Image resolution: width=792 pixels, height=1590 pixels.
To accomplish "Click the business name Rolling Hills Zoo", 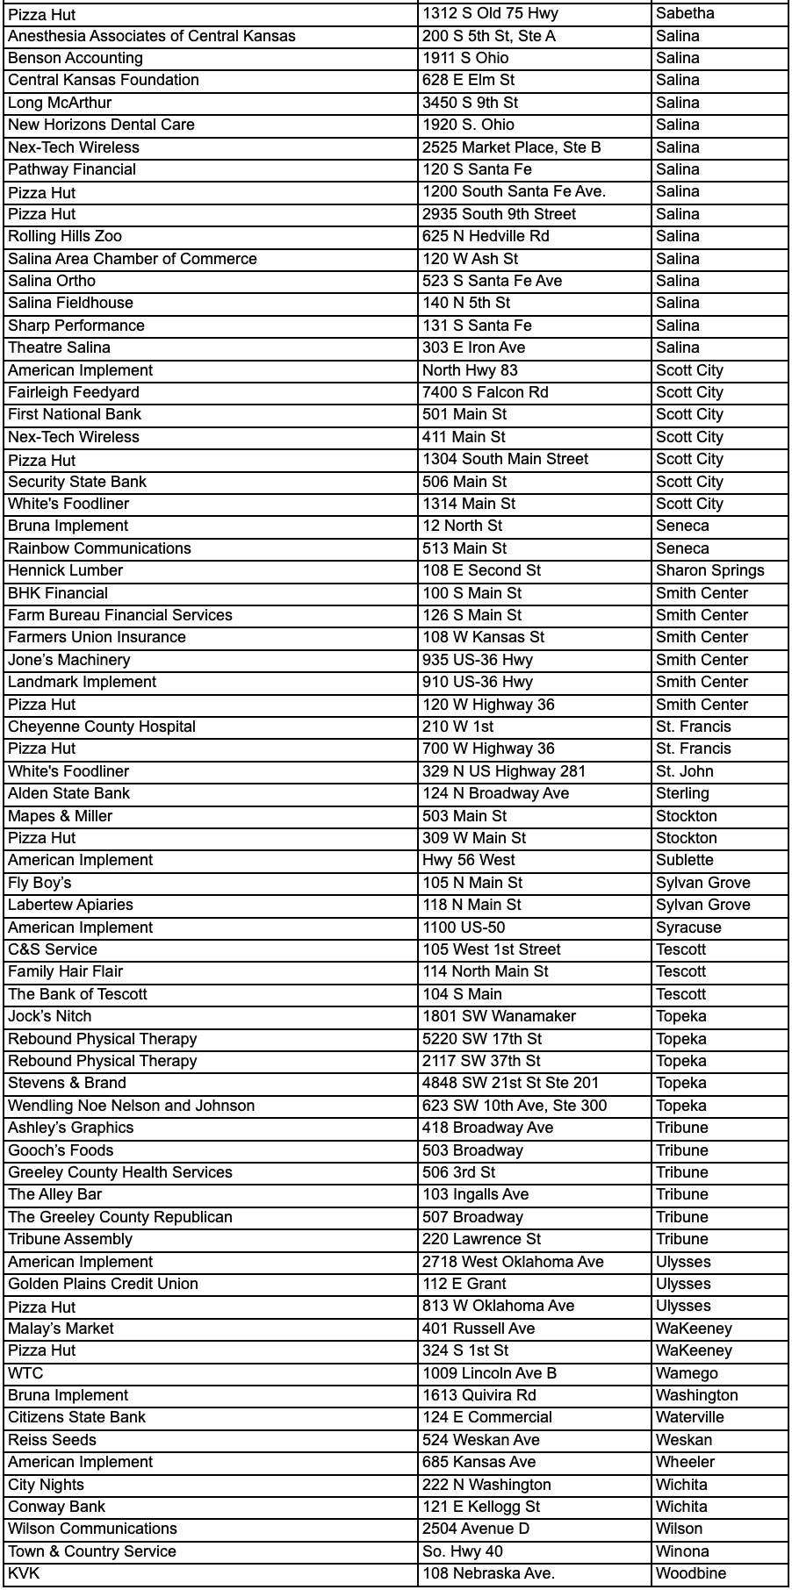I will [x=65, y=236].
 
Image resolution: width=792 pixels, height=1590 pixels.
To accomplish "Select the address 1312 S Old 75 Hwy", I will [x=490, y=13].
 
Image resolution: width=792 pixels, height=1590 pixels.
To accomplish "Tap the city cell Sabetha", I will [x=685, y=13].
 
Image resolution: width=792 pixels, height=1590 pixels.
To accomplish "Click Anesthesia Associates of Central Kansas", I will [x=152, y=36].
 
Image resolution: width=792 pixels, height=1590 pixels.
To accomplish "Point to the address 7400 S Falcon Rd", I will [x=485, y=392].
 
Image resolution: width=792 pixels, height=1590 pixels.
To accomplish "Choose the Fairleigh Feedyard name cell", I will [x=74, y=392].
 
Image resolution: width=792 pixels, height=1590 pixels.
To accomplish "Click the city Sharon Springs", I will [x=709, y=570].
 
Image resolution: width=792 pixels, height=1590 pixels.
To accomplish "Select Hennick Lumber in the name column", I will [x=65, y=570].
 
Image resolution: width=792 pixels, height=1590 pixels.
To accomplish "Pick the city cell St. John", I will [x=684, y=771].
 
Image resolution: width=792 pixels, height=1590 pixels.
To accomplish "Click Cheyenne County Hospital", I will [x=102, y=727].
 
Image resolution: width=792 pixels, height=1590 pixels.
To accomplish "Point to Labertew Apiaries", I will [x=70, y=905].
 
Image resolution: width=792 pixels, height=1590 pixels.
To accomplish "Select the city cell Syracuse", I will [x=688, y=927].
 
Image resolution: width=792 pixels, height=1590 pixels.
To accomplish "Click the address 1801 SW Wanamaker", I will [x=499, y=1016].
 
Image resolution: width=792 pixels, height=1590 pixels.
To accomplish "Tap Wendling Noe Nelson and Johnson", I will [x=132, y=1106].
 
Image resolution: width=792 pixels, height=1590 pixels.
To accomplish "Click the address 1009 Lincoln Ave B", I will [x=489, y=1373].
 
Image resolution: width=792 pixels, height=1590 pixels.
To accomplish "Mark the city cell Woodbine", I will [x=691, y=1573].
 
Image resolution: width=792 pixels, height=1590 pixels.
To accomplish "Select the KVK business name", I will [x=24, y=1573].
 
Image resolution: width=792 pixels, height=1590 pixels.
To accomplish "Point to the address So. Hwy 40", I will [x=463, y=1551].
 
